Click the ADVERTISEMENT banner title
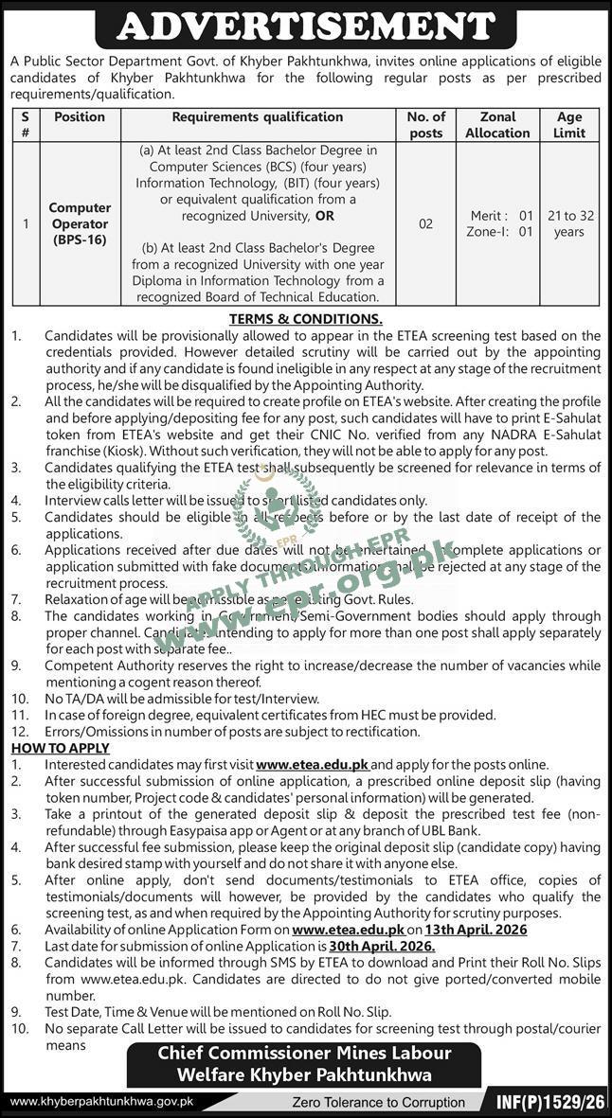305,26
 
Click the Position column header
80,117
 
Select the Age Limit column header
569,125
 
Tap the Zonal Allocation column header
497,125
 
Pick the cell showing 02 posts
425,224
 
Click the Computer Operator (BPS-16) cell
80,224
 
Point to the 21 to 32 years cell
569,224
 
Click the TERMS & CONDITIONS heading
305,319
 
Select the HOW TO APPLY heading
60,748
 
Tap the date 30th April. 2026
382,946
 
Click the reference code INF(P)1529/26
549,1102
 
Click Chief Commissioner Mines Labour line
305,1054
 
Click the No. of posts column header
425,125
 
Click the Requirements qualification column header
257,117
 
